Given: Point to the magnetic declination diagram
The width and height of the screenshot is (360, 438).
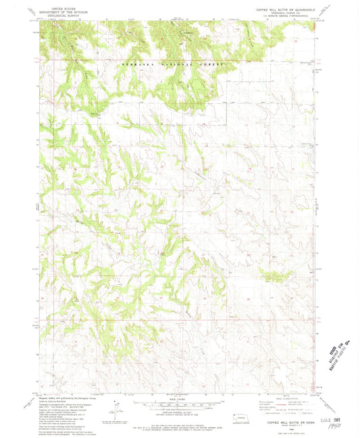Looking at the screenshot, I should (120, 408).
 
